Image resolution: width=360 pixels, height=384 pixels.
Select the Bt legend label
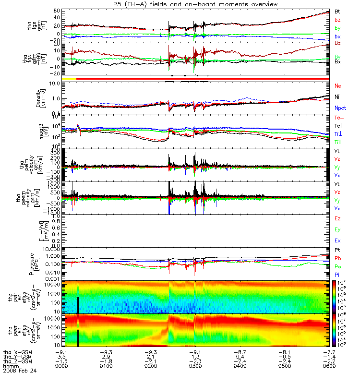click(337, 11)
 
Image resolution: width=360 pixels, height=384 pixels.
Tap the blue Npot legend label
click(340, 108)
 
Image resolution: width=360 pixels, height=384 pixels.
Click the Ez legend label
click(338, 218)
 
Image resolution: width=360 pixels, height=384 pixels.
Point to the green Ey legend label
click(338, 229)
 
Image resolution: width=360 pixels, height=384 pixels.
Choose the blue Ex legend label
click(338, 240)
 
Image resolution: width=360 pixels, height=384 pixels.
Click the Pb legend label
click(338, 259)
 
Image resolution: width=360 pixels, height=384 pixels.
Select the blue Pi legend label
click(337, 274)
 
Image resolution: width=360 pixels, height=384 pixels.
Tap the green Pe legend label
click(338, 266)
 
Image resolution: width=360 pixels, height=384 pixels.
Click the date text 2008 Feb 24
click(20, 371)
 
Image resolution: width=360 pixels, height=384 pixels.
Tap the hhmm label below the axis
click(10, 366)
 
